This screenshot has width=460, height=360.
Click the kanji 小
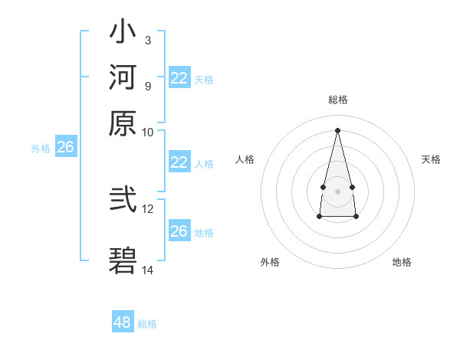[x=123, y=35]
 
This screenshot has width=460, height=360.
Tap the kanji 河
[x=123, y=79]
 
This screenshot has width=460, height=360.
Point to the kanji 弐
[x=123, y=200]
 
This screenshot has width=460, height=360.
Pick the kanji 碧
[x=123, y=260]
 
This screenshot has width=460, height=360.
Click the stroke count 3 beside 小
[x=147, y=40]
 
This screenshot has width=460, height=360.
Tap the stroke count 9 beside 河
[x=147, y=85]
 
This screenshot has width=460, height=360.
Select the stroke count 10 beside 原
[x=148, y=132]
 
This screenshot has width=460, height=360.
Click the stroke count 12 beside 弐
[x=148, y=208]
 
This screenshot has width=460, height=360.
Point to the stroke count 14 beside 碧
[x=148, y=269]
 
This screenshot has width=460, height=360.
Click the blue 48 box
[x=122, y=322]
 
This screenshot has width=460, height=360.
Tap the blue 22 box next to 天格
[x=179, y=78]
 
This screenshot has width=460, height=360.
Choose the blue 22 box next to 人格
[x=179, y=162]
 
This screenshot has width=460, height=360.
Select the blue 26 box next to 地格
[x=179, y=231]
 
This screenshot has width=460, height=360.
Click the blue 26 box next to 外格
[x=65, y=147]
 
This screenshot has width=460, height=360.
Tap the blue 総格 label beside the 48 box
[x=147, y=324]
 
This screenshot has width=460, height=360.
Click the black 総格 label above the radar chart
[x=337, y=100]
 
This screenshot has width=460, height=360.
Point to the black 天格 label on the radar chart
[x=431, y=159]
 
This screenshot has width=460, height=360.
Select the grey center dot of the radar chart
[x=337, y=190]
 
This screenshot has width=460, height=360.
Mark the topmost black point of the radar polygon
[x=337, y=129]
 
